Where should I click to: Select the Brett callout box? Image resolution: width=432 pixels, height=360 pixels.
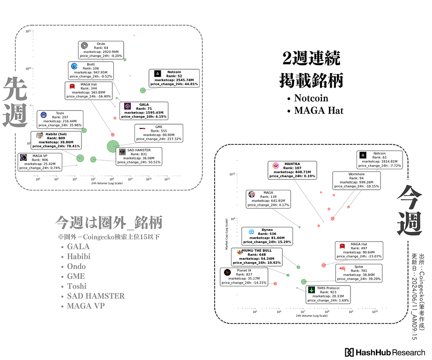click(91, 70)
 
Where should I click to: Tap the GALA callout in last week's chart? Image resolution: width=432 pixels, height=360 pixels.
click(144, 111)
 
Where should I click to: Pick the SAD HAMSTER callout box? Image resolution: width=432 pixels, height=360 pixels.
click(139, 157)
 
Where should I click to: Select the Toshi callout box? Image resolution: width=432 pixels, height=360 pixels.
click(60, 120)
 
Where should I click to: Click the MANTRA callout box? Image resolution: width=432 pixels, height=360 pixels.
click(292, 170)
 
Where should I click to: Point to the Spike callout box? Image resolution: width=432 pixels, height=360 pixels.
click(359, 273)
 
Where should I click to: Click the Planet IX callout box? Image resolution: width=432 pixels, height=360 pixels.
click(244, 277)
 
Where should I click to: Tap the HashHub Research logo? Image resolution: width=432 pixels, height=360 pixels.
click(385, 352)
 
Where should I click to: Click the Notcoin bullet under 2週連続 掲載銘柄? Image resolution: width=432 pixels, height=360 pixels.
click(311, 98)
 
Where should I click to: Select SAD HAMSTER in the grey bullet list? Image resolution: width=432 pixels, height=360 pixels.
click(96, 296)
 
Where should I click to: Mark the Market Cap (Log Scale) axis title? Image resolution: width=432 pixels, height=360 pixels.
click(227, 233)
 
